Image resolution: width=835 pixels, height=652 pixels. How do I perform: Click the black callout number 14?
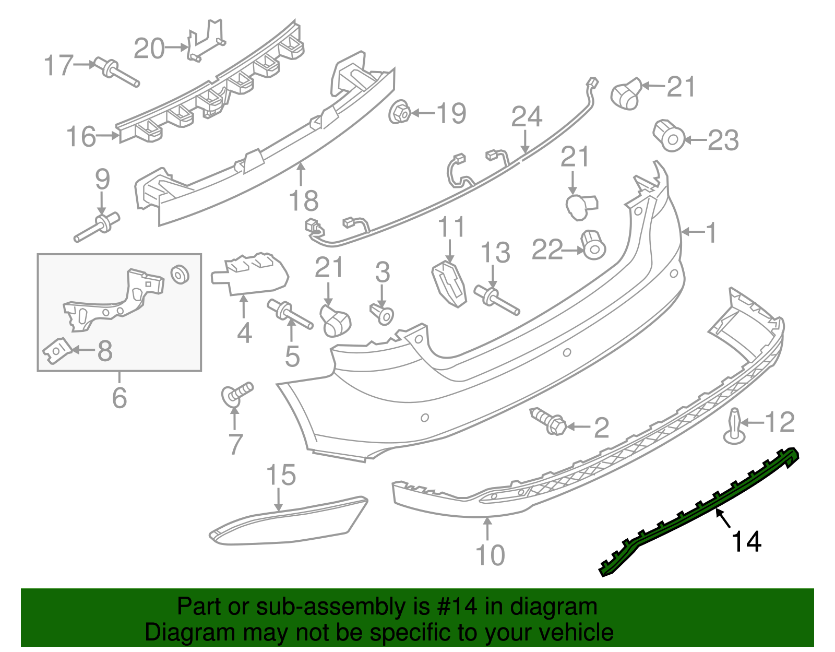(x=746, y=542)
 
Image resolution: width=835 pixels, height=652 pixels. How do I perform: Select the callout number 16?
(x=81, y=137)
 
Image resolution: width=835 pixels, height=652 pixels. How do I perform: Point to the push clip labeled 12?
(x=734, y=427)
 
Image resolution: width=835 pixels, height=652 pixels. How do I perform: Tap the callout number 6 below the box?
(x=120, y=398)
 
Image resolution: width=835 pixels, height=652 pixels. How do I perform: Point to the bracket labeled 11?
(x=449, y=285)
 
